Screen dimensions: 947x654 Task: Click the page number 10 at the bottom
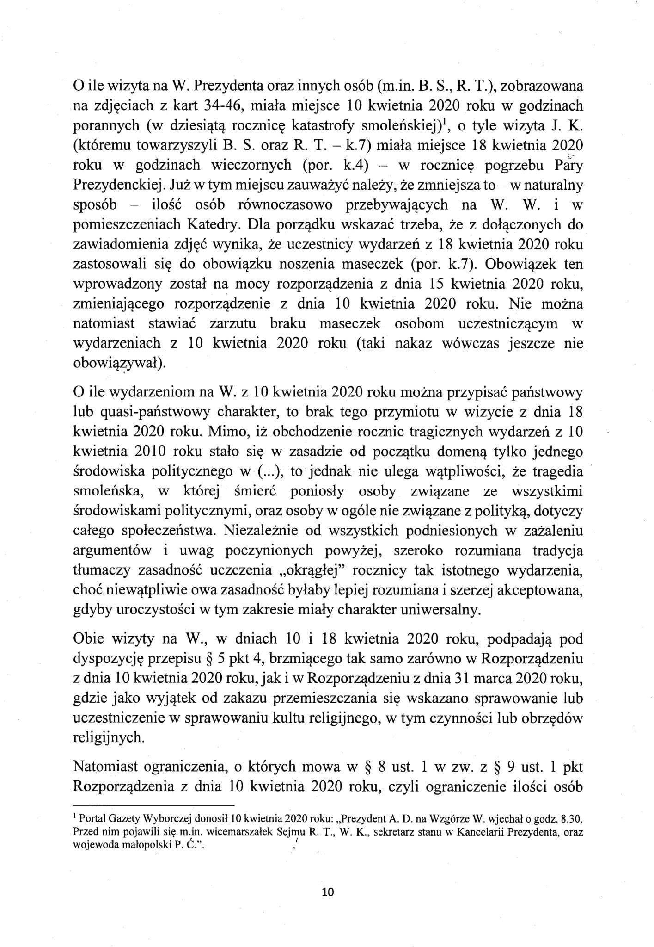[327, 891]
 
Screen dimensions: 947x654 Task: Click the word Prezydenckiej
[117, 185]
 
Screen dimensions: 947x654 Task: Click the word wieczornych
[251, 165]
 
